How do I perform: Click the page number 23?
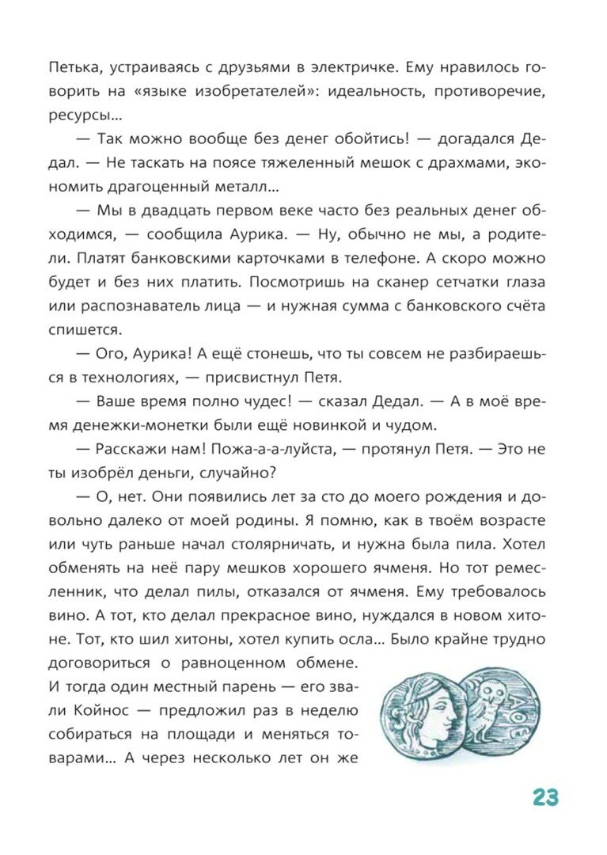544,797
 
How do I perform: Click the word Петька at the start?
71,68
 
